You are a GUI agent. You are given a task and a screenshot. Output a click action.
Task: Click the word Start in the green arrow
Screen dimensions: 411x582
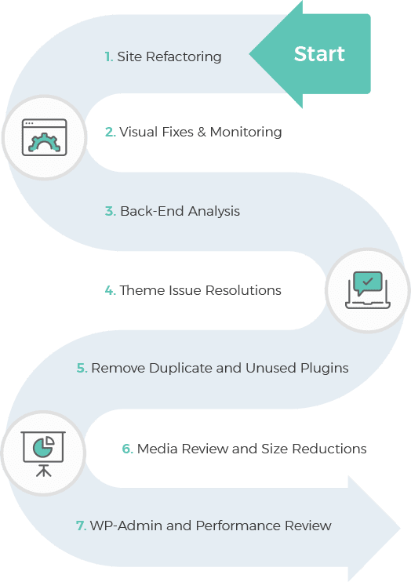click(319, 54)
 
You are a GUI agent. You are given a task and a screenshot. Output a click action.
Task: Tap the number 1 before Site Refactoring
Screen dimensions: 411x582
click(108, 56)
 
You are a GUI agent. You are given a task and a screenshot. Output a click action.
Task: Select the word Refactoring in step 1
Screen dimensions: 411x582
click(184, 57)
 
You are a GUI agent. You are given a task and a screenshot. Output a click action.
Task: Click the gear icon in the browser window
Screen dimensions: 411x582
click(45, 142)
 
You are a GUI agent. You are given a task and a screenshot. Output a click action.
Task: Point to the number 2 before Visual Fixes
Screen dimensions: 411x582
click(111, 132)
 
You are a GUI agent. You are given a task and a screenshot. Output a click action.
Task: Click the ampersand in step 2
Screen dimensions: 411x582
click(202, 132)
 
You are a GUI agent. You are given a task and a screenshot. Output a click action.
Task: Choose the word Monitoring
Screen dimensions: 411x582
click(246, 133)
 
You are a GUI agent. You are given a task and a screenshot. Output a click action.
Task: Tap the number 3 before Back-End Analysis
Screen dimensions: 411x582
click(111, 211)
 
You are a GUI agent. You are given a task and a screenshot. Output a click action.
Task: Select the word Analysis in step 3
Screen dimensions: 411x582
click(214, 212)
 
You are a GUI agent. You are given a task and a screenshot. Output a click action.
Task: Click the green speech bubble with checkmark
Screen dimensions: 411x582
click(368, 282)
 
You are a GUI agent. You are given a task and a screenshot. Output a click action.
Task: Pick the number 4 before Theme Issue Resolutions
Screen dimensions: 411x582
click(111, 290)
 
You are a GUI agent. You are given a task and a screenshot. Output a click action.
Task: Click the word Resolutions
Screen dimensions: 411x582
click(243, 290)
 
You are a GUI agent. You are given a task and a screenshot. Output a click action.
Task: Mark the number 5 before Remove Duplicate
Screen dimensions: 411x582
click(82, 368)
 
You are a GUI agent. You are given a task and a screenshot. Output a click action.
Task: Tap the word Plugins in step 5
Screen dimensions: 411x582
click(325, 369)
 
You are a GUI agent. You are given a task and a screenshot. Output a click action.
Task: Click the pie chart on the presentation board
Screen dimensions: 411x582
click(43, 446)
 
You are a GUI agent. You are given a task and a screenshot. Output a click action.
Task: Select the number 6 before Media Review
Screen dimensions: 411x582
click(127, 449)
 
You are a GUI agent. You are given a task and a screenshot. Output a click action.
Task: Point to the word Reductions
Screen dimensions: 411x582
click(329, 449)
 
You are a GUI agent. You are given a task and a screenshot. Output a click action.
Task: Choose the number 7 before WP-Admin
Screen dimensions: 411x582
click(81, 526)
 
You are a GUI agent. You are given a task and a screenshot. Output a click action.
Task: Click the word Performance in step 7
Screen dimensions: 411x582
click(238, 526)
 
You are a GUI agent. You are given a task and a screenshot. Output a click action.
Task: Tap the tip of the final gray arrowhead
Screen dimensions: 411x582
click(401, 528)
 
